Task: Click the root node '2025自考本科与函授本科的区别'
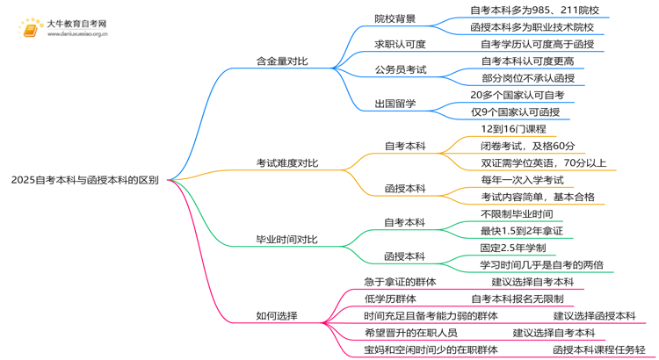click(85, 180)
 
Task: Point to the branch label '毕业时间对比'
click(287, 240)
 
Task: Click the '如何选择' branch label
click(276, 315)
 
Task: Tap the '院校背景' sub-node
click(395, 18)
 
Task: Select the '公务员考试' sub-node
click(400, 69)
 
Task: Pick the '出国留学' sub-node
click(395, 103)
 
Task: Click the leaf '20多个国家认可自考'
click(518, 94)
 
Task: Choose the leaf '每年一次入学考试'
click(522, 179)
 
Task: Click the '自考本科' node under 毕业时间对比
click(405, 221)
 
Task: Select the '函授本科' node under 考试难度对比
click(405, 188)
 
